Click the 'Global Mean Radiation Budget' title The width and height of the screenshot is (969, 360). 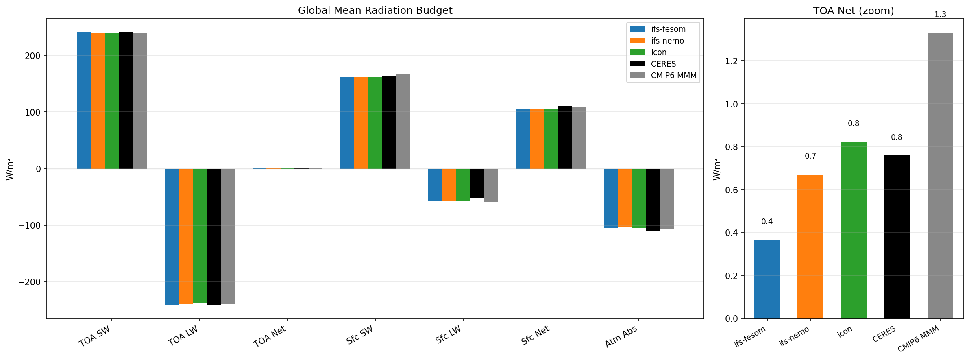(x=375, y=11)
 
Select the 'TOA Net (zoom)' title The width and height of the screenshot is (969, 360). (x=853, y=11)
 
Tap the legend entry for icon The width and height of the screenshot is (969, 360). (x=658, y=52)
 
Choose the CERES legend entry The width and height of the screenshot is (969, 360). (x=663, y=64)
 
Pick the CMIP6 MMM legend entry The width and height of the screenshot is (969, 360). (x=673, y=75)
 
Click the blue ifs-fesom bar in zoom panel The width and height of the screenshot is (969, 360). (x=767, y=279)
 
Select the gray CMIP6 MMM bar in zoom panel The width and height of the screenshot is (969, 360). (x=940, y=175)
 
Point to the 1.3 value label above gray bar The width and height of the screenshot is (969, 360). (x=940, y=15)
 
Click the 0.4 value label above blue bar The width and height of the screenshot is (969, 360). (x=767, y=222)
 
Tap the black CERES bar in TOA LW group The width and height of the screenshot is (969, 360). (x=213, y=236)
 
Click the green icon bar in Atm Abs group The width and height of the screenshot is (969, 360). (x=638, y=198)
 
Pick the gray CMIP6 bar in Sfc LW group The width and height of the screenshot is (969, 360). (x=491, y=185)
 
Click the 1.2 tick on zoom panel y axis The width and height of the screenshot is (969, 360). (x=732, y=61)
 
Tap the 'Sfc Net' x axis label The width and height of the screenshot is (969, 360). (x=536, y=336)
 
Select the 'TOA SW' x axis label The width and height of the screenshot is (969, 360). (x=95, y=336)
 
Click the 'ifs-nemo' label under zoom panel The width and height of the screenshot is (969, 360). (x=794, y=337)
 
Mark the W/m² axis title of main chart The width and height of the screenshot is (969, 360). (x=10, y=170)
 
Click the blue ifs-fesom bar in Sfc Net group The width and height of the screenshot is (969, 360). (x=523, y=139)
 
